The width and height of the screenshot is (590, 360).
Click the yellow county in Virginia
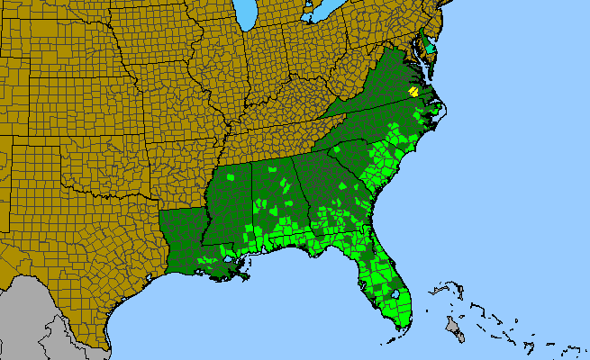[413, 91]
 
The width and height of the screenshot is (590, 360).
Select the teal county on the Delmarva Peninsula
[430, 47]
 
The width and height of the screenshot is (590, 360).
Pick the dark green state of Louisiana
[185, 238]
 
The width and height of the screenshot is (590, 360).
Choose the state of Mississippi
[230, 202]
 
